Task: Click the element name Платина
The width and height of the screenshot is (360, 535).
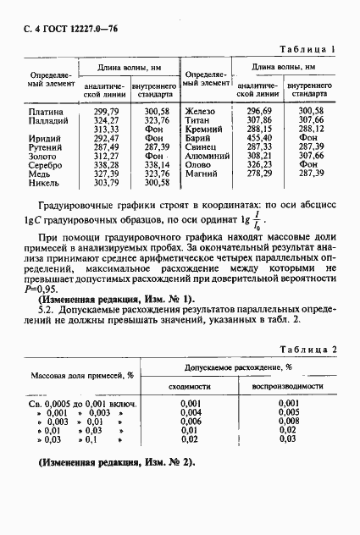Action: coord(44,112)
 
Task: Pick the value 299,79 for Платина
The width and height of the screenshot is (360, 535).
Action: coord(106,112)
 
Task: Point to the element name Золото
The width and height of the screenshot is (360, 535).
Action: coord(46,156)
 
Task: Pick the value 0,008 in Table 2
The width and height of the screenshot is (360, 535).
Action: coord(289,422)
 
